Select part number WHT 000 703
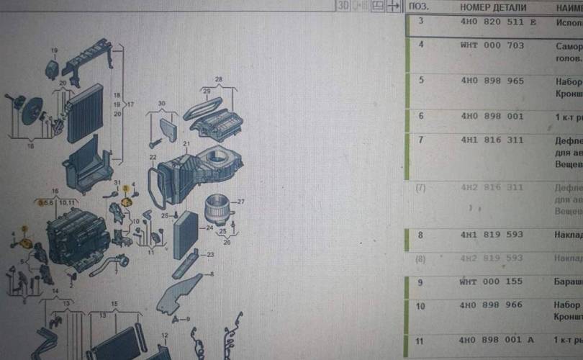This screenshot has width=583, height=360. (x=492, y=45)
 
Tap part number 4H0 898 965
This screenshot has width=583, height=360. (x=492, y=81)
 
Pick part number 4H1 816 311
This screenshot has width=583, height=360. (x=492, y=140)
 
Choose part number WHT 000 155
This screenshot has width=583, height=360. (x=492, y=282)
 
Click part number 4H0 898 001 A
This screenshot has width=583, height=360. (x=497, y=339)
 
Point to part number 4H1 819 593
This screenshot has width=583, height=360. (x=492, y=235)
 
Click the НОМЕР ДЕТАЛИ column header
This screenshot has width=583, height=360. (x=493, y=7)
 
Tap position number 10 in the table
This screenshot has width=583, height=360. (x=421, y=306)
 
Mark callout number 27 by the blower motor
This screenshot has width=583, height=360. (x=242, y=201)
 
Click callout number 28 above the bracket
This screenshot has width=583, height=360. (x=218, y=78)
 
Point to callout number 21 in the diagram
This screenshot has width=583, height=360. (x=186, y=144)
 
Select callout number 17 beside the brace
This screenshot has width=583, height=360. (x=131, y=105)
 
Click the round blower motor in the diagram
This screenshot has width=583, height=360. (x=217, y=208)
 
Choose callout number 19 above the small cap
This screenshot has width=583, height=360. (x=53, y=50)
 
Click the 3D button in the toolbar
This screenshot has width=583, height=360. (x=344, y=6)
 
